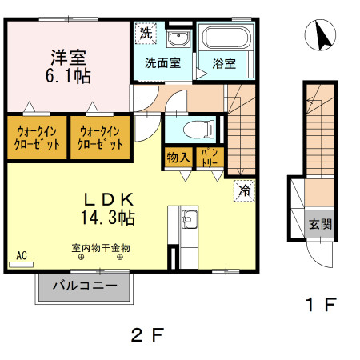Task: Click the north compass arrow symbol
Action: point(323,37)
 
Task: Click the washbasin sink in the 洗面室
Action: point(178,38)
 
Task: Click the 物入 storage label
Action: point(178,158)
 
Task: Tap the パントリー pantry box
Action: point(210,157)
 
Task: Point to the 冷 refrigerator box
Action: point(243,190)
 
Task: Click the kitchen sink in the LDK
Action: point(189,218)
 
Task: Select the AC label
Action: point(22,255)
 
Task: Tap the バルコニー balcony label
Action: point(85,285)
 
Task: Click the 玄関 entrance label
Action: point(320,225)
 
